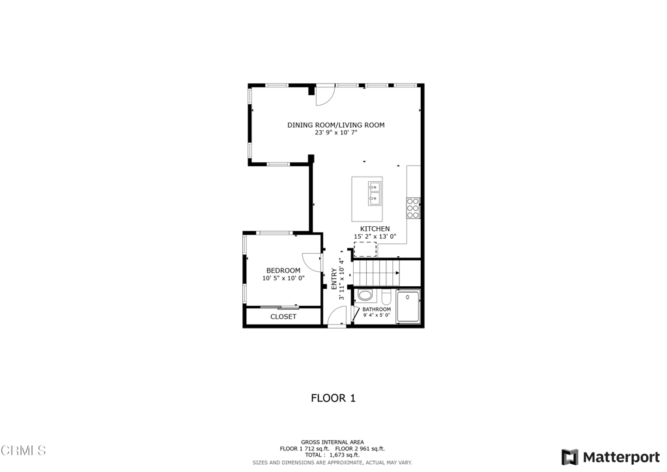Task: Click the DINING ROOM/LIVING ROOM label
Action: click(336, 125)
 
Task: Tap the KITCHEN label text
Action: click(375, 229)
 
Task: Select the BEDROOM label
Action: click(283, 271)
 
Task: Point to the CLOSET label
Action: click(283, 317)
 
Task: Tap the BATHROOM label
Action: click(376, 309)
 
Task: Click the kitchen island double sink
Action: click(375, 194)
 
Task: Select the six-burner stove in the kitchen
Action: click(413, 207)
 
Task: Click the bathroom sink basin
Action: click(365, 295)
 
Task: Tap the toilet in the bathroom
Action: click(386, 297)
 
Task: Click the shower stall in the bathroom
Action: click(408, 306)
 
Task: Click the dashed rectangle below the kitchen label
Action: click(365, 249)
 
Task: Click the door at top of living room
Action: click(325, 96)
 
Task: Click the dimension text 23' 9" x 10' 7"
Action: click(336, 132)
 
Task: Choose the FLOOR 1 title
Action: click(333, 398)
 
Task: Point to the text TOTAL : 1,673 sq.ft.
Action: click(332, 455)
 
